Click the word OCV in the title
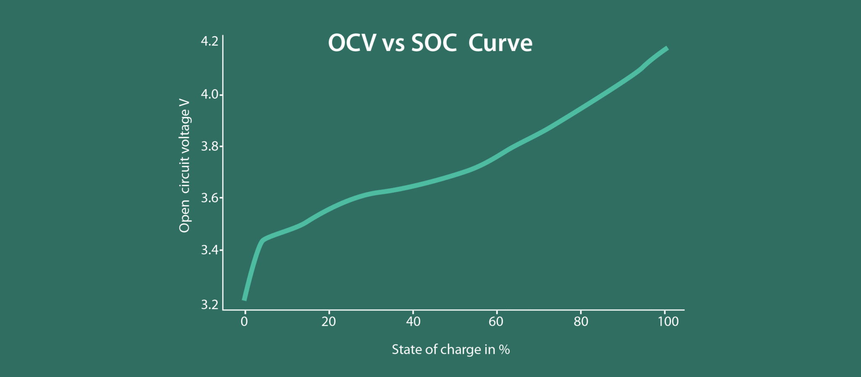352,43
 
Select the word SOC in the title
434,43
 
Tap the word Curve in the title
500,43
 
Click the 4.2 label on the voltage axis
209,41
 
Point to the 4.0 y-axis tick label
209,94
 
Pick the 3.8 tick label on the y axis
209,146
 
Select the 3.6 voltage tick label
209,198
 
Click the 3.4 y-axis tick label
209,250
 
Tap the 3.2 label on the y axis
209,304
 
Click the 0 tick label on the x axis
244,322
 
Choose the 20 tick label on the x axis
329,322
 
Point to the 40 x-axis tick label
413,322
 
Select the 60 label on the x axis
496,322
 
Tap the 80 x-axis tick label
581,322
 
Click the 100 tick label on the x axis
668,322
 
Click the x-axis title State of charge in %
451,350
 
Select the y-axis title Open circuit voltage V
185,166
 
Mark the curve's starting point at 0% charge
245,299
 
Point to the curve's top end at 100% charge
666,48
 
